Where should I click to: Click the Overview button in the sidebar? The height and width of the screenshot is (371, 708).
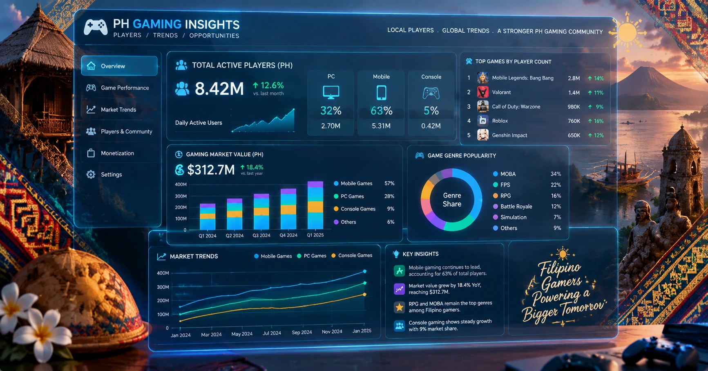tap(119, 66)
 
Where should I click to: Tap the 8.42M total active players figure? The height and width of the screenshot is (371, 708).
tap(219, 88)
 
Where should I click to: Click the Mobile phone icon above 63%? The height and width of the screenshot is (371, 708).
tap(381, 92)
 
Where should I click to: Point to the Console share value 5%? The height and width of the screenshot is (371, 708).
tap(431, 111)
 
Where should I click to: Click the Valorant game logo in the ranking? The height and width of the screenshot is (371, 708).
tap(482, 92)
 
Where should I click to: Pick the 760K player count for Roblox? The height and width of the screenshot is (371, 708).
tap(574, 121)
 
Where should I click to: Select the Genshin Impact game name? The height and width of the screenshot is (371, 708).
tap(509, 135)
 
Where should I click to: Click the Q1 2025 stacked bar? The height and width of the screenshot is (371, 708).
tap(315, 205)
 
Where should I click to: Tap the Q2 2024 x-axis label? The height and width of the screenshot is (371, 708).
tap(235, 236)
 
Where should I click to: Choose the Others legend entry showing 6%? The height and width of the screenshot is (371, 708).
tap(364, 222)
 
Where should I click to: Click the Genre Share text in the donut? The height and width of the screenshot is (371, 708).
tap(452, 200)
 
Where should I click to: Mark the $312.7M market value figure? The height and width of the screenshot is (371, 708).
tap(211, 169)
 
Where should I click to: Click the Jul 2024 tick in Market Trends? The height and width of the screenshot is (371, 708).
tap(272, 333)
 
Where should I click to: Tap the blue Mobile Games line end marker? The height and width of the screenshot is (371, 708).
tap(365, 271)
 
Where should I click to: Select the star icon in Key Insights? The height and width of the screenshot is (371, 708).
tap(399, 307)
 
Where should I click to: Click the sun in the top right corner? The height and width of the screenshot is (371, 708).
tap(628, 32)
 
